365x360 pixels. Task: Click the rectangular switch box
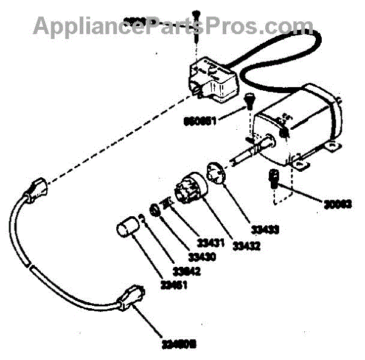point(212,79)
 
